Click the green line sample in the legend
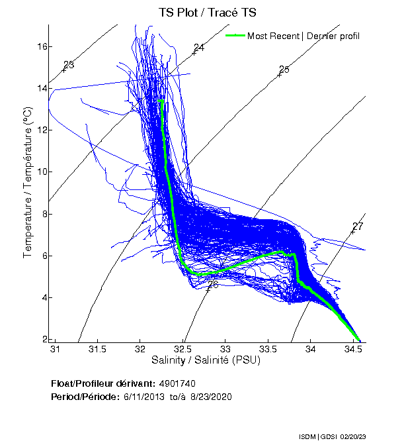(235, 35)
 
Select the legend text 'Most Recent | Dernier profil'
(303, 35)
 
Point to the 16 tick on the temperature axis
(41, 46)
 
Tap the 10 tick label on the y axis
(41, 172)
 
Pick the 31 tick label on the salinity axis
(56, 350)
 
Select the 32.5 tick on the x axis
(183, 350)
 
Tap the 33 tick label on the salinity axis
(225, 350)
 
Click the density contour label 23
(69, 65)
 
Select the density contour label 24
(199, 48)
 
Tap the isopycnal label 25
(284, 70)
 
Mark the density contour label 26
(213, 285)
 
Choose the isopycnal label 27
(358, 226)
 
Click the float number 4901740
(177, 383)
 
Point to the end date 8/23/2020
(212, 397)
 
